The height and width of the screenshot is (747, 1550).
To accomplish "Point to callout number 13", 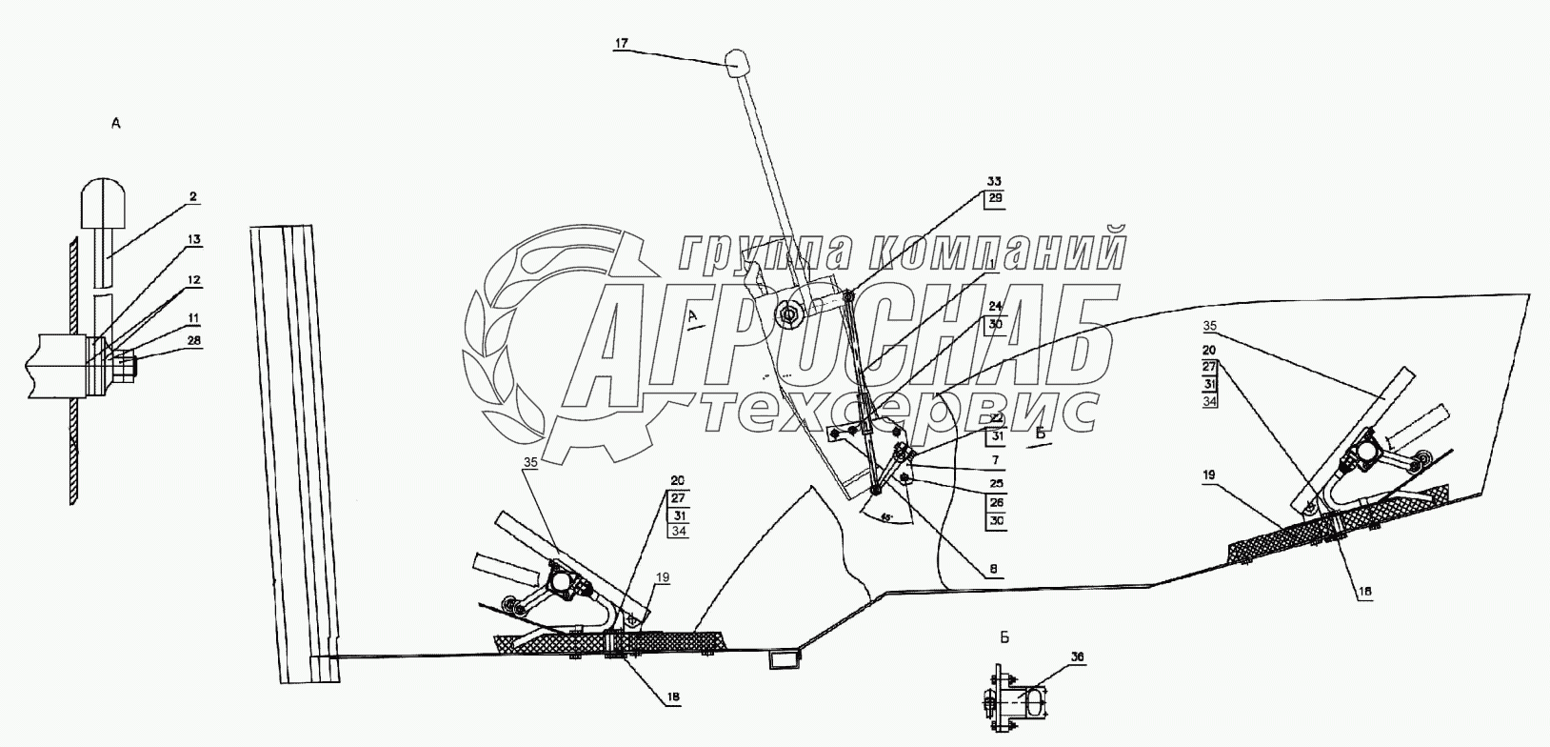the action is click(194, 241).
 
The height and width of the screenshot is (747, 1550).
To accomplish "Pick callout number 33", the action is click(993, 180).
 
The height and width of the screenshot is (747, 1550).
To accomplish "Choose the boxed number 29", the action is click(994, 198).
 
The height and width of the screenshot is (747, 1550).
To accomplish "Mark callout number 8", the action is click(993, 568).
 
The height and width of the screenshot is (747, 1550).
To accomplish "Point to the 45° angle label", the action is click(886, 517).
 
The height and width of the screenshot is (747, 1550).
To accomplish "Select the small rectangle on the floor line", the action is click(783, 657).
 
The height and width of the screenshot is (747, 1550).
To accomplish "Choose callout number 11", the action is click(193, 316).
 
